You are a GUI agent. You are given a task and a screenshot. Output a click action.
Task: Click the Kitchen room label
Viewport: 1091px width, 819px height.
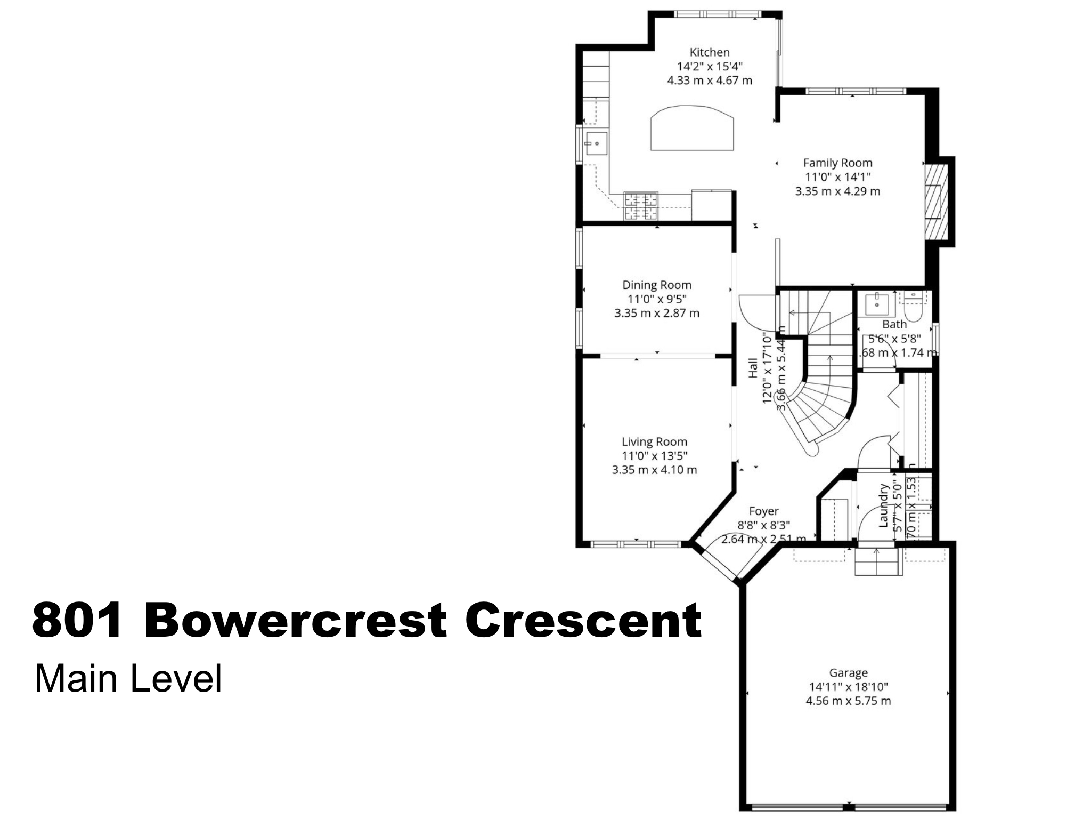710,52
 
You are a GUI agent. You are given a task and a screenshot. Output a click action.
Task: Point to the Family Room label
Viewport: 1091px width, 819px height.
837,163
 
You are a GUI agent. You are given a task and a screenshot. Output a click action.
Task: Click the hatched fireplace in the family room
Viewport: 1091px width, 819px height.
937,201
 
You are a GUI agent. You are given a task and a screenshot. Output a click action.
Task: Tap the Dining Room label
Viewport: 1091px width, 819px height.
657,285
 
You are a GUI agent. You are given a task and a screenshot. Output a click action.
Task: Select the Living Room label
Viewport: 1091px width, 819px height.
654,442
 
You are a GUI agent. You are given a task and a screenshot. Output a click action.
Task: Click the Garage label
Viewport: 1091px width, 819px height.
848,673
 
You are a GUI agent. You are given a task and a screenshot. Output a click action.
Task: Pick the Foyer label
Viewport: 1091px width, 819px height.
763,511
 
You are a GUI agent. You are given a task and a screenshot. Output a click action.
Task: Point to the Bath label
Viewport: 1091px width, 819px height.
894,324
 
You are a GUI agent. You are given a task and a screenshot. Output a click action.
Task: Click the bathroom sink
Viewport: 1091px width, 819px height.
875,304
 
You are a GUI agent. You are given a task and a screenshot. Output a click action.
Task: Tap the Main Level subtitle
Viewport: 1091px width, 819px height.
128,679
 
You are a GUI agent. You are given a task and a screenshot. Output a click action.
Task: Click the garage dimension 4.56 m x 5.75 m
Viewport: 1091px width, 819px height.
848,701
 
